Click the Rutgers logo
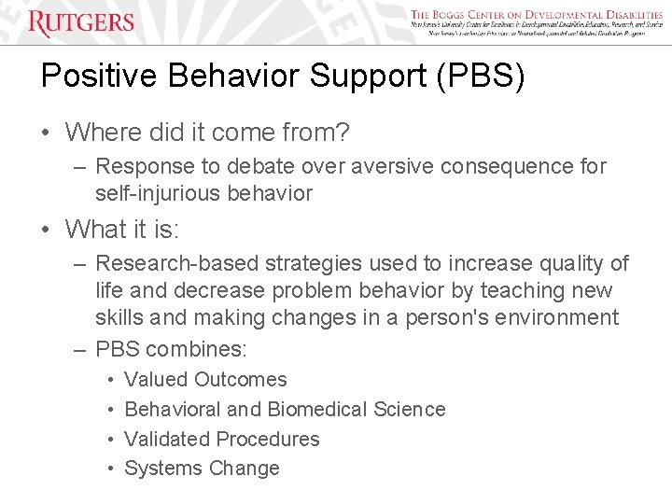pos(80,22)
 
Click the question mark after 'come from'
pos(342,133)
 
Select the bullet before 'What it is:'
pos(47,229)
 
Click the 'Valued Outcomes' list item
pos(205,380)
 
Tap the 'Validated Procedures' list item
pos(221,440)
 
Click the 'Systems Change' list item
pos(202,469)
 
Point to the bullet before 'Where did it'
pos(47,133)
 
